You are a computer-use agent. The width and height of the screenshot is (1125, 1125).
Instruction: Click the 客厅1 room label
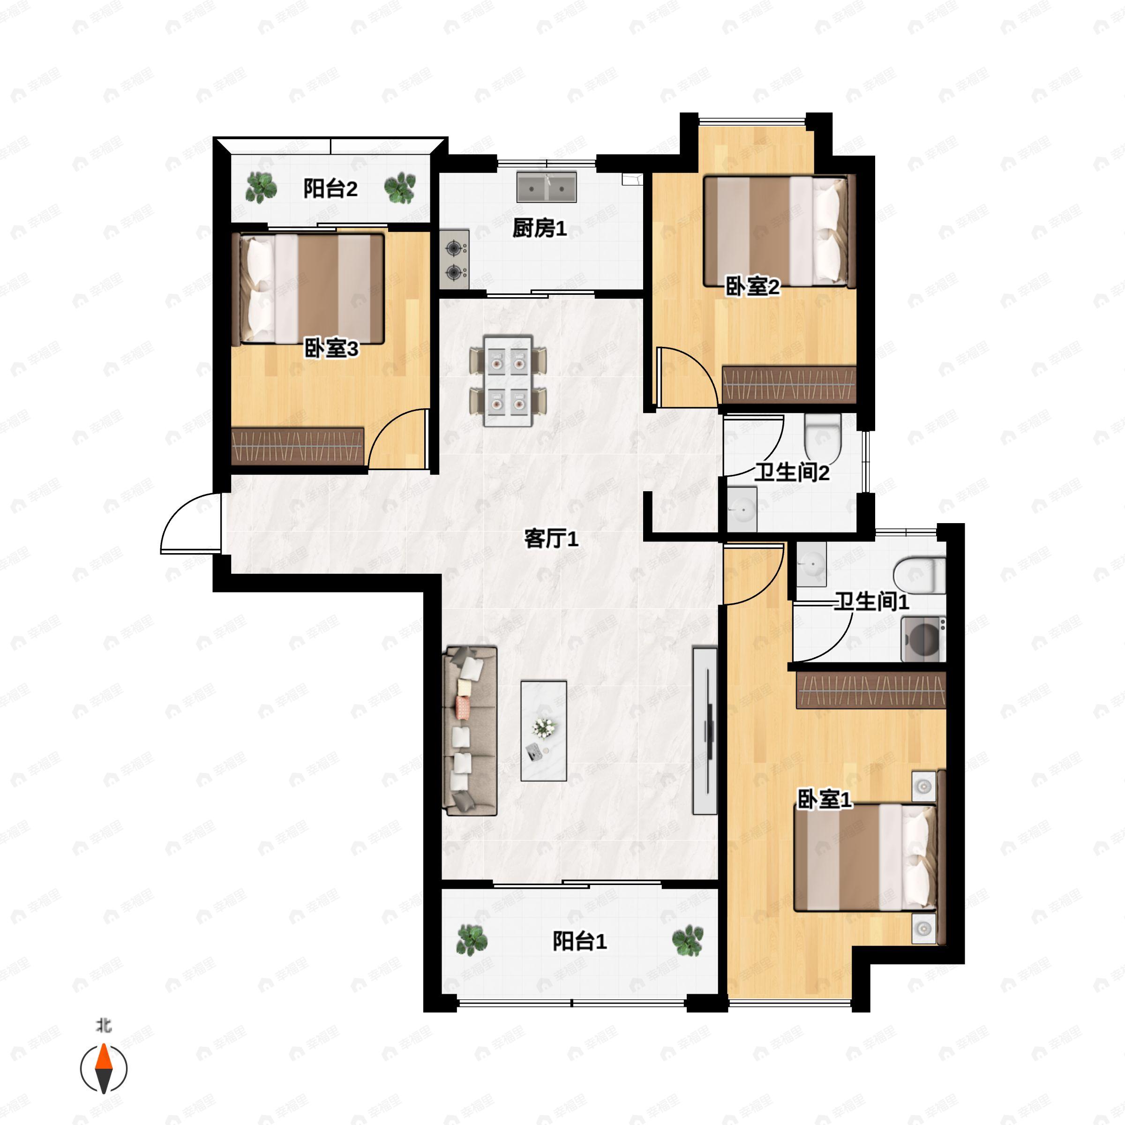click(551, 539)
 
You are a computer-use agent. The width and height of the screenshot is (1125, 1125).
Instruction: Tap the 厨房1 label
click(539, 228)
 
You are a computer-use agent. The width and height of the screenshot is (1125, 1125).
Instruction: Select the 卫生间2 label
click(792, 472)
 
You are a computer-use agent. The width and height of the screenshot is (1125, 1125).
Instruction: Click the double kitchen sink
click(546, 187)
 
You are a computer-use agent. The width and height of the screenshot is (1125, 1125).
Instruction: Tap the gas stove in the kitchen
click(454, 259)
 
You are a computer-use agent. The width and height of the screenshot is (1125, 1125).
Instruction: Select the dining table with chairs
click(508, 380)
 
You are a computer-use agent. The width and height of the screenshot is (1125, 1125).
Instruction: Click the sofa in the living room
click(470, 731)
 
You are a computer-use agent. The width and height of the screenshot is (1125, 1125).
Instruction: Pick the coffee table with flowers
click(544, 731)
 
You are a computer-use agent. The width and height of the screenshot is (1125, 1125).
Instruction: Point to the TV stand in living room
click(705, 730)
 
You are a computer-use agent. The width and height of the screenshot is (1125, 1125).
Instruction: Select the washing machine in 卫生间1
click(923, 639)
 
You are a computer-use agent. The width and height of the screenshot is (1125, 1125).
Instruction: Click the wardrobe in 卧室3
click(298, 446)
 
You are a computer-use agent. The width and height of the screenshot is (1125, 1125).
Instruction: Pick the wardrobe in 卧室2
click(789, 384)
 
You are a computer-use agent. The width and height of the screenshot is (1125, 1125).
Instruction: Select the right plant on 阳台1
click(688, 940)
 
